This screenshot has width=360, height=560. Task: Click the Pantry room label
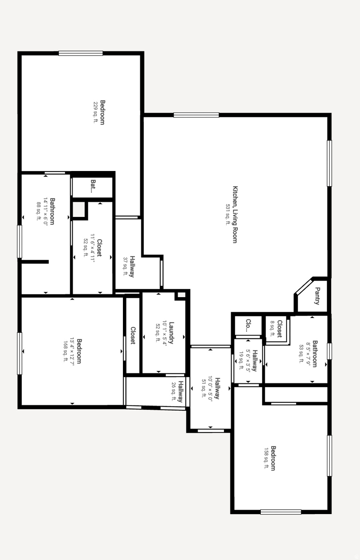317,296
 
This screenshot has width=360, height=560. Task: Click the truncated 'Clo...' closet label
248,326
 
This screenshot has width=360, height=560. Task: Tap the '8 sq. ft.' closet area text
272,328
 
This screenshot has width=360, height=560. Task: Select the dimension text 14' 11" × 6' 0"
46,211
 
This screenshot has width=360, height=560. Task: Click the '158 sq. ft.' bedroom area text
266,458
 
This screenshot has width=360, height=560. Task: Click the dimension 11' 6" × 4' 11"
93,248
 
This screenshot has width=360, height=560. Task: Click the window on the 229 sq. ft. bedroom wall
81,53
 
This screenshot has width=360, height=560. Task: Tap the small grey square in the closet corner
78,209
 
